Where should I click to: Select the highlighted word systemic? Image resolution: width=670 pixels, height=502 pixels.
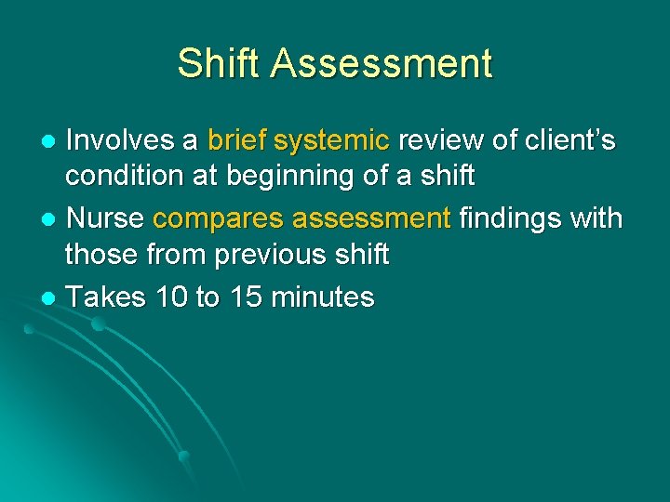(x=333, y=140)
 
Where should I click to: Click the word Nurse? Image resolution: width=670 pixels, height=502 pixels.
(x=105, y=218)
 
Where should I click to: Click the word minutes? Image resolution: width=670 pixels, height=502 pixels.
(x=322, y=297)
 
